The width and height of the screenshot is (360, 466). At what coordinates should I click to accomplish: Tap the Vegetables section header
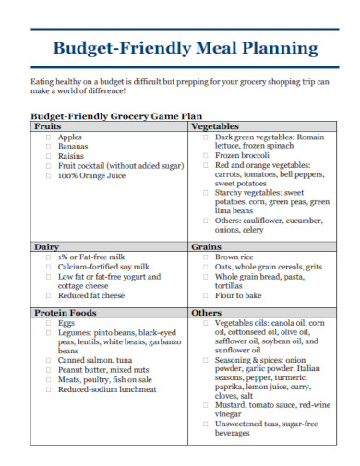(215, 126)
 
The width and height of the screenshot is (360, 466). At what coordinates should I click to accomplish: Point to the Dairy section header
(46, 247)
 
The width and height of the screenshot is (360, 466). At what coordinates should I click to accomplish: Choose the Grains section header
(206, 247)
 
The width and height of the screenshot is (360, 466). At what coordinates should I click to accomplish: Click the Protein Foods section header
(65, 313)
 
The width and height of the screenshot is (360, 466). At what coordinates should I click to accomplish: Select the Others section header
(206, 313)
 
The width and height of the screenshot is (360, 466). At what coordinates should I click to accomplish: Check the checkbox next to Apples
(47, 137)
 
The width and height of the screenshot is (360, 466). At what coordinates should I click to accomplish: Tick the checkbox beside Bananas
(47, 147)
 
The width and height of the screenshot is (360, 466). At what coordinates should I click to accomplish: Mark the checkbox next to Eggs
(47, 324)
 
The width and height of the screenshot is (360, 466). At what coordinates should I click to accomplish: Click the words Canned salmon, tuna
(95, 361)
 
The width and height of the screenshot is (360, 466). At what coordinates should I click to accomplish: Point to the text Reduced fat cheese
(90, 296)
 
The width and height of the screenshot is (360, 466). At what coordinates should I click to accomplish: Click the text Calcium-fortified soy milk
(103, 267)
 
